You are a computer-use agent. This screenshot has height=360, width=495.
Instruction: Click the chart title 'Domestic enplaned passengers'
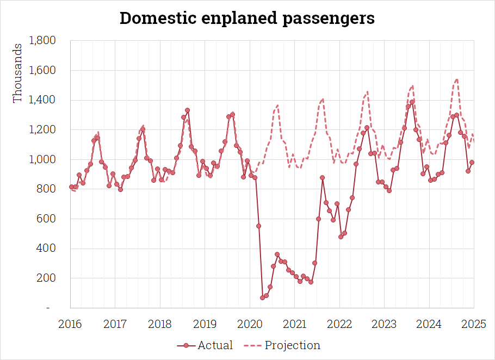pos(247,18)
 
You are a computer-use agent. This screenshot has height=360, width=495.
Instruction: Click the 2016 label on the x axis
pos(71,325)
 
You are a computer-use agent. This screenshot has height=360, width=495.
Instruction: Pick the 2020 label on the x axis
pos(250,325)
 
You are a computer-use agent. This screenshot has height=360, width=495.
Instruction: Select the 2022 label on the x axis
pos(339,325)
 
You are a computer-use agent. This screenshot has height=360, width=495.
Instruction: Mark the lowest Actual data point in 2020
pos(262,297)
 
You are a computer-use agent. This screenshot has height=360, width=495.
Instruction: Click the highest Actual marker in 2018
pos(187,110)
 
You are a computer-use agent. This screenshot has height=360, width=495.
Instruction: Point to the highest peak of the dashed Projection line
pos(457,79)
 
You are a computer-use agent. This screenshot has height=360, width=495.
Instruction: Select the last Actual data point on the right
pos(472,162)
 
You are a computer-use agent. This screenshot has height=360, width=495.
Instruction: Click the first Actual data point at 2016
pos(71,187)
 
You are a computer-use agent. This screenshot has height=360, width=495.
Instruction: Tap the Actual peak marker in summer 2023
pos(412,102)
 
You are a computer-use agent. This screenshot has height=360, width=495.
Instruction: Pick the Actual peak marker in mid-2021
pos(322,177)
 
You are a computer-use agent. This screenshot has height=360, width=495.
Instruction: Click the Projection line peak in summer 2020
pos(277,105)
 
